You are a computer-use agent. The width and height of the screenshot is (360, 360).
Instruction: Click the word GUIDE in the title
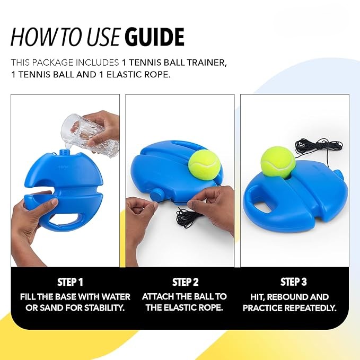(154, 37)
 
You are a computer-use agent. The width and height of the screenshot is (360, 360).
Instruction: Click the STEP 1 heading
(70, 282)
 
